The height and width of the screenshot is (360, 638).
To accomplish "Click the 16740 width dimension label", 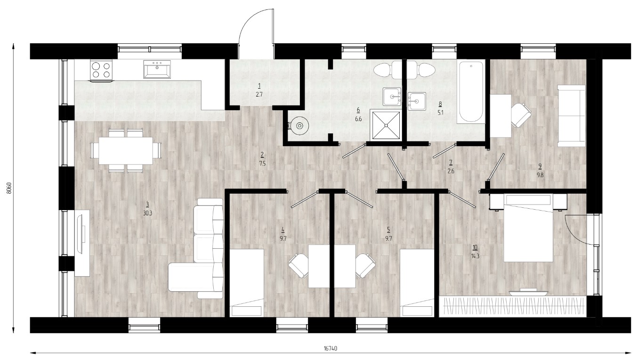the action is click(331, 348).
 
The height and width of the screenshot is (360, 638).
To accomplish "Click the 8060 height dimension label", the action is click(9, 188).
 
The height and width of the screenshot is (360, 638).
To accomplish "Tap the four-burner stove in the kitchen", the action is click(101, 70).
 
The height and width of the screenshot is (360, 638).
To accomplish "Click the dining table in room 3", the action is click(126, 150).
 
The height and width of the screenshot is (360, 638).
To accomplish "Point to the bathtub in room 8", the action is click(471, 92).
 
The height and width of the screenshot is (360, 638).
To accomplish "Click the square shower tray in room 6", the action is click(386, 125).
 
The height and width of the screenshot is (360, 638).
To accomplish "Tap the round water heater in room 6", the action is click(299, 125).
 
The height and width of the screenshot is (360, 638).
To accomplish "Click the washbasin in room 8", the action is click(417, 101).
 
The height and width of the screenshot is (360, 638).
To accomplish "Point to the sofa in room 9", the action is click(572, 116).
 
